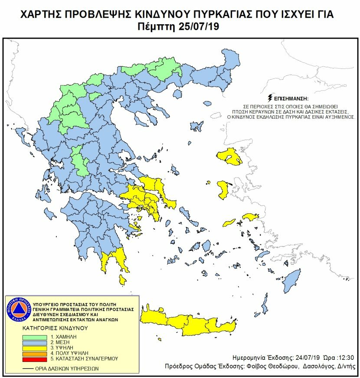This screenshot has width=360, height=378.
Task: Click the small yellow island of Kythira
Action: point(123,281)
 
